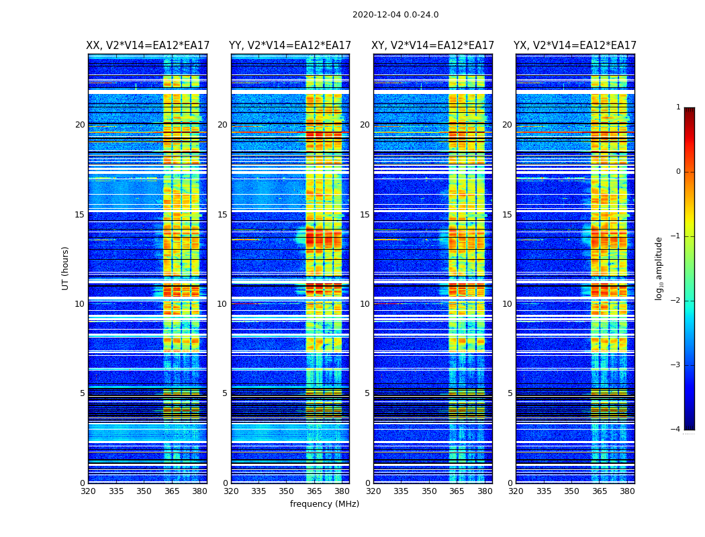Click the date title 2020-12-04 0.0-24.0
[x=395, y=15]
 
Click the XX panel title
[x=148, y=46]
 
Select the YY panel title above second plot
[x=290, y=46]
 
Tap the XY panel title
[x=432, y=46]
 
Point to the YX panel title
[x=575, y=46]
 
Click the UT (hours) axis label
[x=66, y=268]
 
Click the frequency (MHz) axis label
[x=324, y=504]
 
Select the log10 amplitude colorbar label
[x=659, y=268]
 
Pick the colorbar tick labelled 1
[x=678, y=107]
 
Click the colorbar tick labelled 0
[x=678, y=172]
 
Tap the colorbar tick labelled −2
[x=676, y=301]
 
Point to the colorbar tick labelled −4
[x=676, y=430]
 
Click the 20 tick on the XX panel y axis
[x=80, y=125]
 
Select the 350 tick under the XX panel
[x=144, y=491]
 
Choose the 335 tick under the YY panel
[x=258, y=491]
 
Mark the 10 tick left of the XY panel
[x=365, y=304]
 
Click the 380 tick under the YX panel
[x=627, y=491]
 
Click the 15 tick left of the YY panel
[x=222, y=215]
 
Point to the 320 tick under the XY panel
[x=373, y=491]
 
